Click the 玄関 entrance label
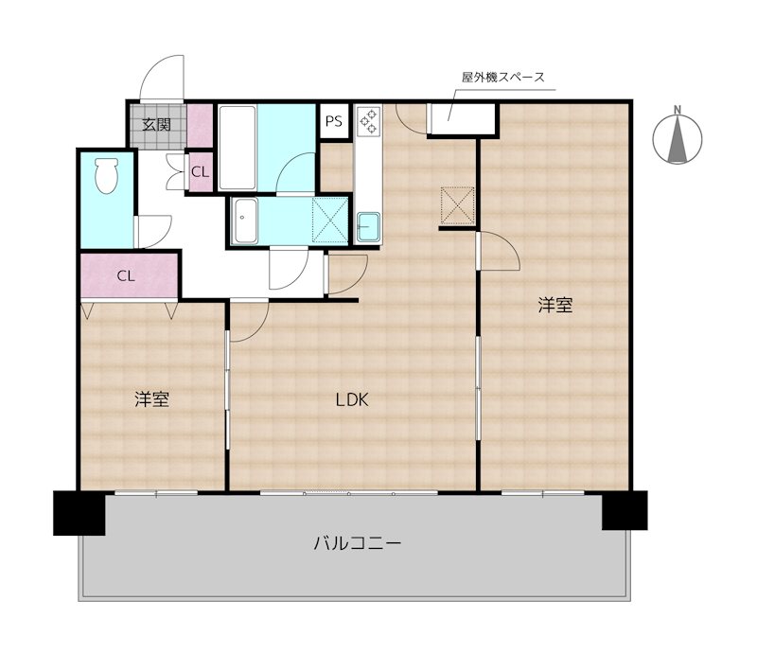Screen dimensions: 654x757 pos(157,124)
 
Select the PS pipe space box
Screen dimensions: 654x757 pos(334,120)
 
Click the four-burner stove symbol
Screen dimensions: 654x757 pos(367,122)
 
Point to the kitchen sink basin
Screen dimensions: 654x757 pos(367,226)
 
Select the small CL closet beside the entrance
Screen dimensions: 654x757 pos(200,172)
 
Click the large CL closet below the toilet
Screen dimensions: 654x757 pos(129,276)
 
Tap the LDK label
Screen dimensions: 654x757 pos(351,399)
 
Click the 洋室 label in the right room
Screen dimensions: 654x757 pos(556,305)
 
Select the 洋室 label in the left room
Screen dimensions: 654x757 pos(151,399)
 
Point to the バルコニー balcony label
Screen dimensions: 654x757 pos(358,543)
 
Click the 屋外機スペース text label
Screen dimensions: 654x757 pos(502,78)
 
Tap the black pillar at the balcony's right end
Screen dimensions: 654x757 pos(625,510)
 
